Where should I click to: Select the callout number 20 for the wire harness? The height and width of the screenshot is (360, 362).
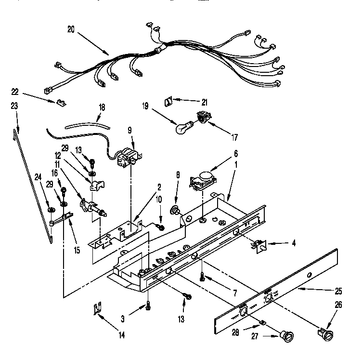click(x=71, y=29)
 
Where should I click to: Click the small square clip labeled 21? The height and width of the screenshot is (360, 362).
click(x=169, y=102)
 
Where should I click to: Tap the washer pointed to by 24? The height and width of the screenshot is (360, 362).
click(x=51, y=209)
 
